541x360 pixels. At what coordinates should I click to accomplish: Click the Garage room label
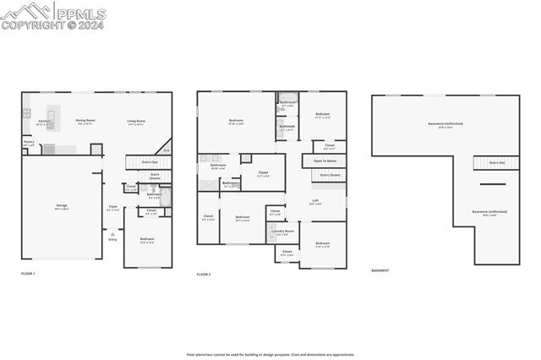pos(62,206)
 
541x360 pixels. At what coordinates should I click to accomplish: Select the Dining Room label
pos(85,121)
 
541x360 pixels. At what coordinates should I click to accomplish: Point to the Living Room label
pos(136,121)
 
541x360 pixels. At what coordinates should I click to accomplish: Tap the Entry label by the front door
pos(112,240)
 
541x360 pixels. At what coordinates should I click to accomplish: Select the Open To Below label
pos(325,161)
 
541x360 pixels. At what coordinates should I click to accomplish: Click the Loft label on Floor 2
pos(314,202)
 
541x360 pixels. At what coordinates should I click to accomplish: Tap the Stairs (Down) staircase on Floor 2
pos(330,176)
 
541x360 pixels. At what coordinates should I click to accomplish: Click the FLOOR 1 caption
pos(29,274)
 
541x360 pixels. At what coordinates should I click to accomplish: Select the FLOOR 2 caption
pos(204,275)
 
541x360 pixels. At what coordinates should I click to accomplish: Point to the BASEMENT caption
pos(380,270)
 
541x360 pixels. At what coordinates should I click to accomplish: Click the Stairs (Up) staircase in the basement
pos(496,162)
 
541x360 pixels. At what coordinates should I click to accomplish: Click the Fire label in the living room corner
pos(166,151)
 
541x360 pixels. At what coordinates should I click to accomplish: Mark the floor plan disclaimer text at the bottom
pos(270,355)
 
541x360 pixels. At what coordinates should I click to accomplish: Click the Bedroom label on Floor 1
pos(147,240)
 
